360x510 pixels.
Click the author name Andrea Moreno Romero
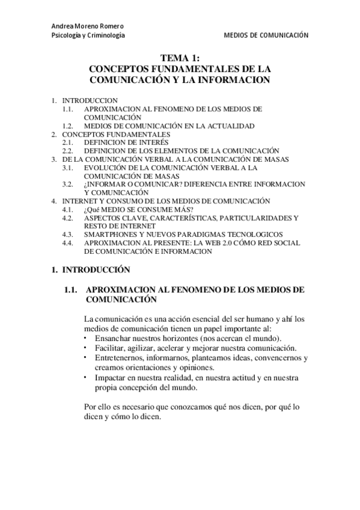88,27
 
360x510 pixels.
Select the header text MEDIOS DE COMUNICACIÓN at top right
266,36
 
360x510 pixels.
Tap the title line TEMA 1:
180,58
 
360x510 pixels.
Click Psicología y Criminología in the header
88,36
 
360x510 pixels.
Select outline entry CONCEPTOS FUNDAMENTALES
116,134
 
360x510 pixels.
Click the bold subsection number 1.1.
71,290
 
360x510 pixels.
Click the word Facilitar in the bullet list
109,348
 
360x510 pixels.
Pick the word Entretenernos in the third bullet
119,358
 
